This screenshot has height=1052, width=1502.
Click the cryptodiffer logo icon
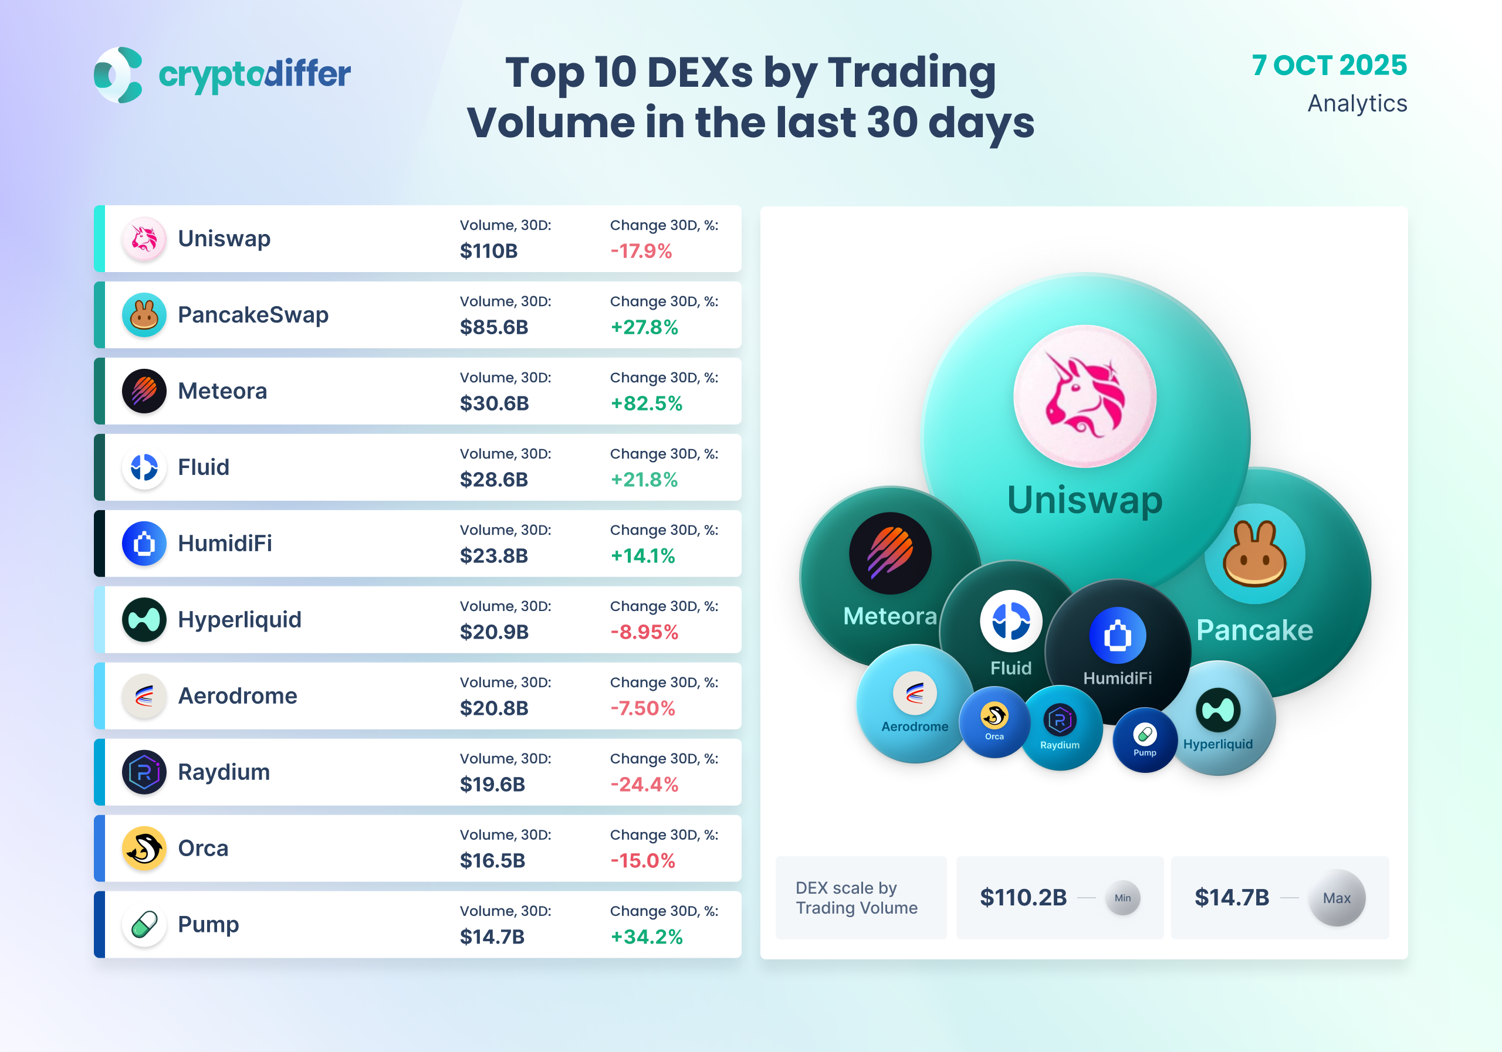(119, 74)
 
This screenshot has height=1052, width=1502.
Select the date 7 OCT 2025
(1329, 65)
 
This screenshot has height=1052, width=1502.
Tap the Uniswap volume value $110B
(488, 251)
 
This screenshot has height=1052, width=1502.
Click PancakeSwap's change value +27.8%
(644, 327)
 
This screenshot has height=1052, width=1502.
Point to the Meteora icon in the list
(144, 391)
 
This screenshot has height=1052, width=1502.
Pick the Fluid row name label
(204, 467)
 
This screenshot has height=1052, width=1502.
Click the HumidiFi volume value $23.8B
(493, 556)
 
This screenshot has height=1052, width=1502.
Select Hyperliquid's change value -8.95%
(644, 632)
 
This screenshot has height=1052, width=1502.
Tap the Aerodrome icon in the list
(144, 695)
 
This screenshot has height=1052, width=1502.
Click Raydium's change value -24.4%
(644, 785)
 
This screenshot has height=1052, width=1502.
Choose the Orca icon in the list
(144, 848)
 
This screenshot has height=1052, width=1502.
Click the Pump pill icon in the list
(144, 925)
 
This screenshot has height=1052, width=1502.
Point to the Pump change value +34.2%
(647, 937)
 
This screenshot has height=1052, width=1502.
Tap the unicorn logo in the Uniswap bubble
(1085, 396)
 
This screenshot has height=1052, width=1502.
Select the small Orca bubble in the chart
(994, 721)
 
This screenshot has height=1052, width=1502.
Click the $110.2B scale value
(1023, 898)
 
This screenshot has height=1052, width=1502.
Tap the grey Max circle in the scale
(1336, 898)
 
